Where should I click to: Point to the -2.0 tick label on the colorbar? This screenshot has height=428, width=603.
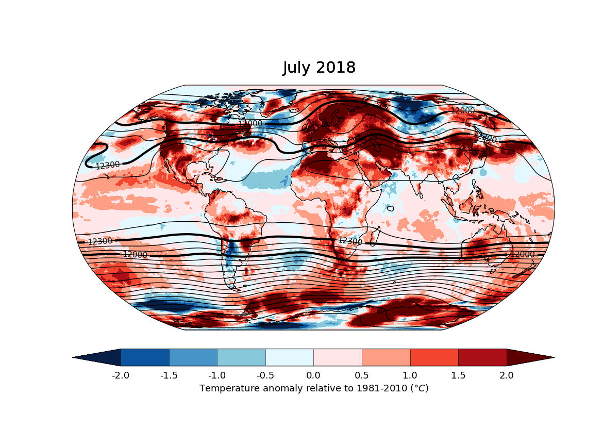pos(121,375)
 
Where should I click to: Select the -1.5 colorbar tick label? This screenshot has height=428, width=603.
pos(169,375)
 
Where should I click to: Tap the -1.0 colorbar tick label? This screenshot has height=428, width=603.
pos(217,375)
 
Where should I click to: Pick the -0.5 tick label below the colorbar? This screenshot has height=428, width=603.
pos(265,375)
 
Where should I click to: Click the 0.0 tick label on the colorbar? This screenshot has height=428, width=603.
pos(313,375)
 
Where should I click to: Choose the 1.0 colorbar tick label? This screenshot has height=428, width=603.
pos(410,375)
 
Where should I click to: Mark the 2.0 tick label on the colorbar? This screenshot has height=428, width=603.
pos(507,375)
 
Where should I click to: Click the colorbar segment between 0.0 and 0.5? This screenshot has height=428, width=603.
pos(338,357)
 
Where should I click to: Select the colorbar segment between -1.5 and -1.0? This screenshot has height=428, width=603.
pos(193,357)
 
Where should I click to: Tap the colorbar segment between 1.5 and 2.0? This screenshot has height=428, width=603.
pos(482,357)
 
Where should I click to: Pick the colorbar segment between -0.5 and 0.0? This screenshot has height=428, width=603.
pos(290,357)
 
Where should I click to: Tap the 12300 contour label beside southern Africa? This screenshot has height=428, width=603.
pos(350,241)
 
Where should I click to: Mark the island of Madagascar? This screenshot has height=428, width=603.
pos(378,237)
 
